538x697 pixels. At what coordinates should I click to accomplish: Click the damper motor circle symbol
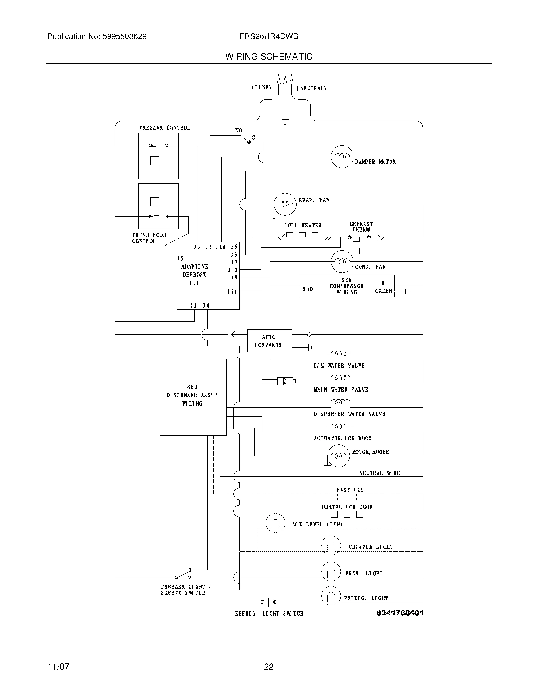point(342,157)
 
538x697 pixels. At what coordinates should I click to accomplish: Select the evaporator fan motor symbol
point(285,204)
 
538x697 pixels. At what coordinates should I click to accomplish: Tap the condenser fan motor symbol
point(342,261)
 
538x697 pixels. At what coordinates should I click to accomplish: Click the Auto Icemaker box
point(269,341)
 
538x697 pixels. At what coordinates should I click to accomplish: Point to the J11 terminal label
point(232,291)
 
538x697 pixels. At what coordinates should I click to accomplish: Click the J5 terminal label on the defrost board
point(180,259)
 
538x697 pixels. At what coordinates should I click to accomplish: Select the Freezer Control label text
point(164,128)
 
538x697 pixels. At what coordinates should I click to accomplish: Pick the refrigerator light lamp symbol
point(331,596)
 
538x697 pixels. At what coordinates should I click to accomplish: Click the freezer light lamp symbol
point(331,572)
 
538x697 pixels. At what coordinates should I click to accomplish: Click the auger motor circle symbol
point(339,456)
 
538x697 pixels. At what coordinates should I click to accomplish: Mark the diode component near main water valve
point(285,381)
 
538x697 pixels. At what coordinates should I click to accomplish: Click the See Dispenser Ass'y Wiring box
point(193,397)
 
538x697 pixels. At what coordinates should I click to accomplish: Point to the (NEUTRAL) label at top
point(311,88)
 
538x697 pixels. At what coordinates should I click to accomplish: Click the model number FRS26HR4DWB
point(269,37)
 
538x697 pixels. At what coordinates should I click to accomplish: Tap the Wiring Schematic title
point(269,56)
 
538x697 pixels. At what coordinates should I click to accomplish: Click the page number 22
point(269,666)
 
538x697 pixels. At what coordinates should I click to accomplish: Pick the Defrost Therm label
point(361,227)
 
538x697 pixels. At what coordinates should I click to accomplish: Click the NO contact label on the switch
point(239,131)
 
